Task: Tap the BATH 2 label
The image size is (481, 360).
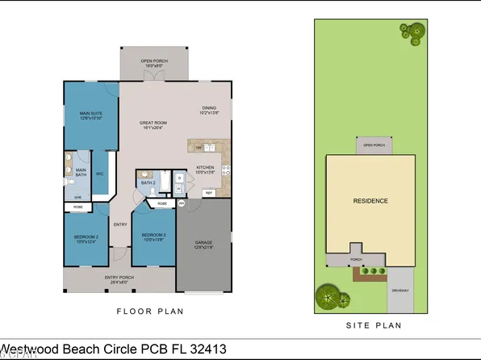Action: pyautogui.click(x=148, y=183)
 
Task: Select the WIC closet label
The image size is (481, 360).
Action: pyautogui.click(x=99, y=174)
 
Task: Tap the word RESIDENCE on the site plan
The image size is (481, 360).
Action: pyautogui.click(x=370, y=201)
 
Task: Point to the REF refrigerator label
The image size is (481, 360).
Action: pyautogui.click(x=207, y=194)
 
